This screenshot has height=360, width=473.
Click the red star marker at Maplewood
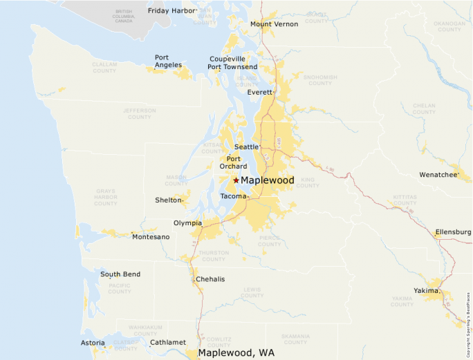pyautogui.click(x=236, y=180)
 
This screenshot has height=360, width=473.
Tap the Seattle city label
pyautogui.click(x=245, y=147)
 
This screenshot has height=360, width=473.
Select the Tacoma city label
pyautogui.click(x=233, y=196)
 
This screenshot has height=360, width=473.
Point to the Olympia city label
pyautogui.click(x=187, y=223)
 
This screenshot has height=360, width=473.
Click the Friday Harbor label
pyautogui.click(x=171, y=11)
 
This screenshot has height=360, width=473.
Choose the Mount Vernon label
pyautogui.click(x=274, y=24)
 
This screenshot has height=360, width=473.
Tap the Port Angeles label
pyautogui.click(x=168, y=61)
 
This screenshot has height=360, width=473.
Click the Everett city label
pyautogui.click(x=260, y=92)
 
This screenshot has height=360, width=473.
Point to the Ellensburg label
pyautogui.click(x=453, y=232)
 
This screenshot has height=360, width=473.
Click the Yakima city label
pyautogui.click(x=426, y=291)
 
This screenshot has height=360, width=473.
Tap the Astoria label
pyautogui.click(x=93, y=343)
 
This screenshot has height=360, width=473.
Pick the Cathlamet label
pyautogui.click(x=168, y=342)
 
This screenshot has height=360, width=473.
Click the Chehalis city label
pyautogui.click(x=210, y=279)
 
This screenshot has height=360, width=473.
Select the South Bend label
pyautogui.click(x=120, y=274)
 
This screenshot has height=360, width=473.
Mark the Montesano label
pyautogui.click(x=151, y=237)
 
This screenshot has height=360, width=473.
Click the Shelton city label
pyautogui.click(x=169, y=200)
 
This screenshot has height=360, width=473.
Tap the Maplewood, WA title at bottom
pyautogui.click(x=236, y=352)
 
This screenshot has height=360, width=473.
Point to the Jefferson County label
pyautogui.click(x=140, y=113)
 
